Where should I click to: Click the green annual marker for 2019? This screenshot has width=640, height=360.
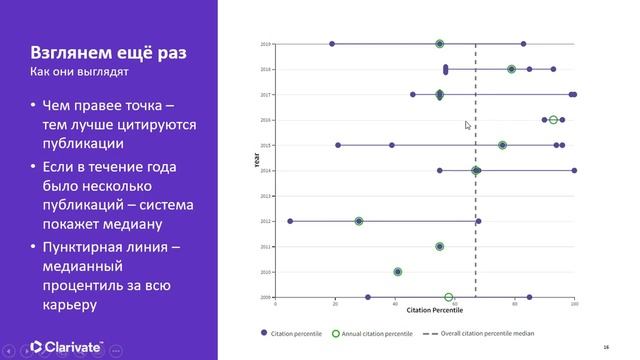coord(440,44)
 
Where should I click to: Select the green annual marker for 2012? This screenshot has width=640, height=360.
coord(359,221)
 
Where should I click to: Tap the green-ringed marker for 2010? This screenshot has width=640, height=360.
coord(398,271)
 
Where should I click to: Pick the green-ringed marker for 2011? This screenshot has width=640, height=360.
coord(440,246)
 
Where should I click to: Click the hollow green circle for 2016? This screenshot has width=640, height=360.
coord(553,120)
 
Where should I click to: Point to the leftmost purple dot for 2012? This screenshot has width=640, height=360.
coord(290,221)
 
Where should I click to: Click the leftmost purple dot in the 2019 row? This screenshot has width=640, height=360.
coord(332,44)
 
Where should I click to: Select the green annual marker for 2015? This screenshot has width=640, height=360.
coord(502,145)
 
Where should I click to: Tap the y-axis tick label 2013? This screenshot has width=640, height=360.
coord(266,196)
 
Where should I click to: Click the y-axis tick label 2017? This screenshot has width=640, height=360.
coord(266,95)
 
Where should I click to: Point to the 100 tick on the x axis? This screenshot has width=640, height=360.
coord(574,304)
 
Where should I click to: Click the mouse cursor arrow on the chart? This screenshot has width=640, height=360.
coord(467,125)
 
